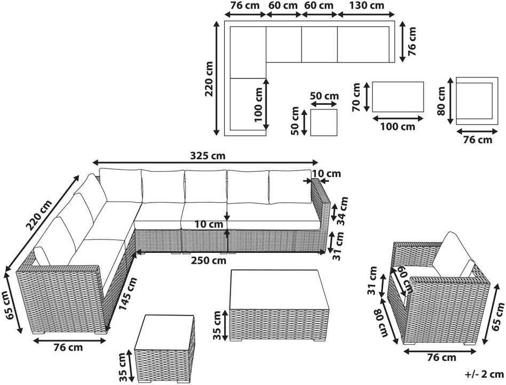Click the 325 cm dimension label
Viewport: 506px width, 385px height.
[208, 156]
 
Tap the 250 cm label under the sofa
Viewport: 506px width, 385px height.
[209, 260]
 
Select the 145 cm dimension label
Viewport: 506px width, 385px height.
[128, 294]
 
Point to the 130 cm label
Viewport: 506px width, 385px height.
[367, 5]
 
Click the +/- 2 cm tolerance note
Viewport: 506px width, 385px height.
[484, 374]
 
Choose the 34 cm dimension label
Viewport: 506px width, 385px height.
[342, 211]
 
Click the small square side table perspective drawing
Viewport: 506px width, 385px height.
[165, 349]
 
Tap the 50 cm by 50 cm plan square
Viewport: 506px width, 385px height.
[323, 122]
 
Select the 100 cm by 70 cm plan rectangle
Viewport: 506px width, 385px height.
[398, 97]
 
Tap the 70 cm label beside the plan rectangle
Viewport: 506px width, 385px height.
[356, 97]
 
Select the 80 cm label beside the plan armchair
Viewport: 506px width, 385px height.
[441, 101]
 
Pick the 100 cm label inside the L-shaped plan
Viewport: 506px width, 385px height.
[259, 104]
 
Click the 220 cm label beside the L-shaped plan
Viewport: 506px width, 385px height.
[209, 79]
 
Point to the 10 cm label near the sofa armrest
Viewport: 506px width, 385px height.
[327, 174]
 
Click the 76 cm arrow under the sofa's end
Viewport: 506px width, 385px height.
[70, 341]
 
